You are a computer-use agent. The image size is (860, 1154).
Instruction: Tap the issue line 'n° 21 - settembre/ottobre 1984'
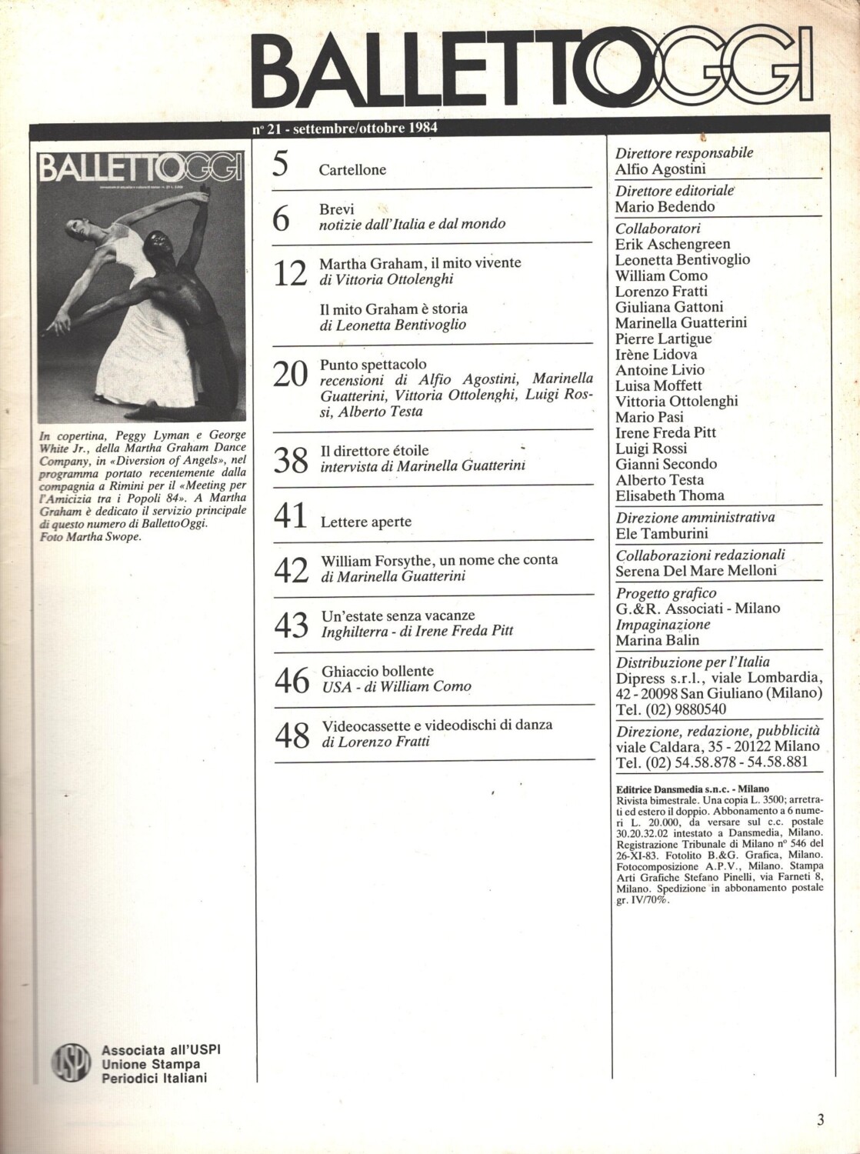pyautogui.click(x=345, y=128)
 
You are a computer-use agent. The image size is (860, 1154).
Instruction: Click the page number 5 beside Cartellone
pyautogui.click(x=282, y=165)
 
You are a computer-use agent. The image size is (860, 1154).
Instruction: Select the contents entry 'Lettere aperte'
pyautogui.click(x=365, y=522)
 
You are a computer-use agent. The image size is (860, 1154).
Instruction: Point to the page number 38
pyautogui.click(x=292, y=459)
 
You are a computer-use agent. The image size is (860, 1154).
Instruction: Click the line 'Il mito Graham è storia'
pyautogui.click(x=393, y=309)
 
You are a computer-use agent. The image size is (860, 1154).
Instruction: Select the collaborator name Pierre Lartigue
pyautogui.click(x=664, y=339)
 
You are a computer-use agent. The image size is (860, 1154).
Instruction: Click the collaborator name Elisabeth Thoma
pyautogui.click(x=669, y=495)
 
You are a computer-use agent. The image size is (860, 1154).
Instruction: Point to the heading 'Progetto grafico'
pyautogui.click(x=666, y=592)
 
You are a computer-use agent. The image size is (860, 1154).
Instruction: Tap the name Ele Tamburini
pyautogui.click(x=662, y=532)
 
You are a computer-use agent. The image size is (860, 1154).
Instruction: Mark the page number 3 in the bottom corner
pyautogui.click(x=820, y=1120)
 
